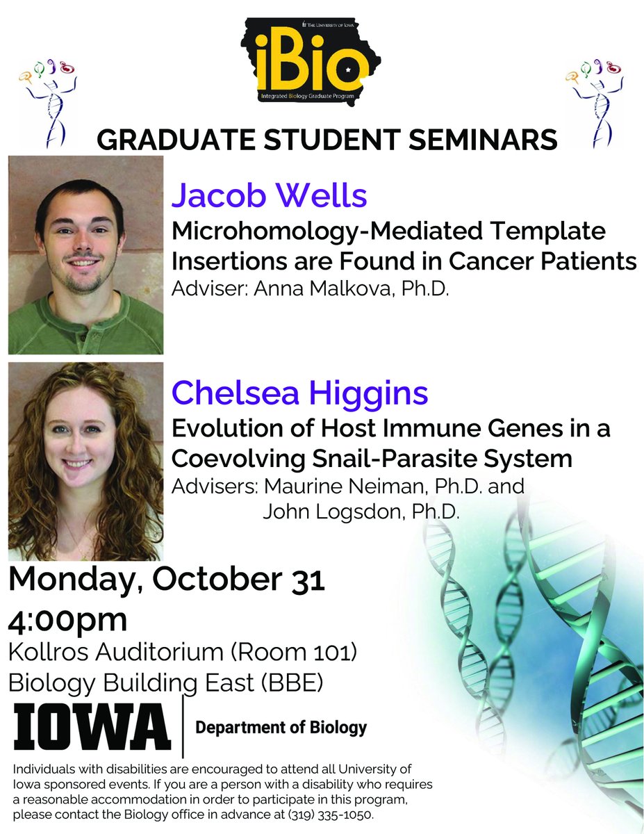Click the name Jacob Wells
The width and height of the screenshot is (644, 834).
[x=269, y=196]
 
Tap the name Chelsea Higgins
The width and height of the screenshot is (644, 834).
[x=299, y=393]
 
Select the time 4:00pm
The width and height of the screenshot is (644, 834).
[x=67, y=619]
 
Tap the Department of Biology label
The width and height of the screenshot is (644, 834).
[x=281, y=728]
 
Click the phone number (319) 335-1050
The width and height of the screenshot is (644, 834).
[x=326, y=814]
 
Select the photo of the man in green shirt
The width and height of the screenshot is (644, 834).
[x=85, y=254]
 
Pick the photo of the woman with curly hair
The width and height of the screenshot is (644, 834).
[x=85, y=461]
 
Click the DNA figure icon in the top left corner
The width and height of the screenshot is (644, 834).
[x=47, y=101]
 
